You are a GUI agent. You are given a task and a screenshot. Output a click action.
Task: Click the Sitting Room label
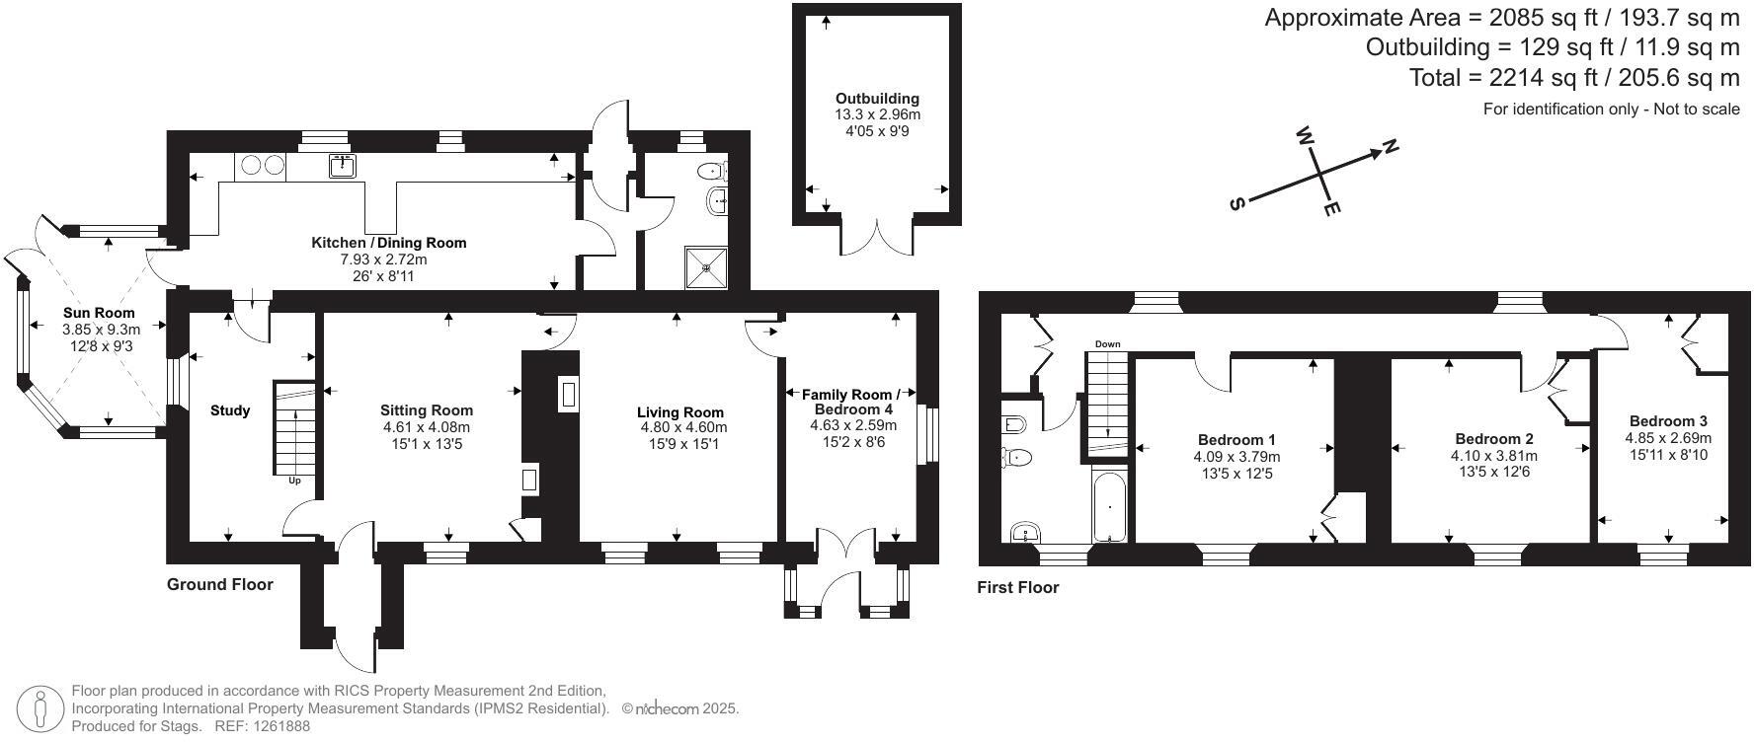[x=427, y=410]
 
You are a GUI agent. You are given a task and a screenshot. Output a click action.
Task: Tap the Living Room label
[x=680, y=412]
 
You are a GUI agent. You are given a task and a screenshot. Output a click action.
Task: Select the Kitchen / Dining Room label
[x=389, y=243]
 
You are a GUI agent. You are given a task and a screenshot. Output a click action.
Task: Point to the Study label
[x=230, y=410]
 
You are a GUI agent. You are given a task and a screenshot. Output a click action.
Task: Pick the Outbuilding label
[x=877, y=99]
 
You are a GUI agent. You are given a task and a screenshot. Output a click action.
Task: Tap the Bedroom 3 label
[x=1668, y=420]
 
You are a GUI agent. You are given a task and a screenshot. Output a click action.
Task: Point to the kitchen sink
[x=343, y=166]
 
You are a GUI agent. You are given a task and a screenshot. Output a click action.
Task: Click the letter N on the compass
[x=1391, y=147]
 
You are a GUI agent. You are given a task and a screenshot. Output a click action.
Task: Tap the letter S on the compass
[x=1236, y=204]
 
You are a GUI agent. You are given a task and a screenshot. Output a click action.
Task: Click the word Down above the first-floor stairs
[x=1107, y=344]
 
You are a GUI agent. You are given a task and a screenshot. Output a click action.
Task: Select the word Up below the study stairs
[x=294, y=482]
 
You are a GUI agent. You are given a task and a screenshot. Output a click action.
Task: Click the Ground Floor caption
[x=219, y=584]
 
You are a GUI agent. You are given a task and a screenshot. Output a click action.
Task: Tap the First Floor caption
[x=1017, y=588]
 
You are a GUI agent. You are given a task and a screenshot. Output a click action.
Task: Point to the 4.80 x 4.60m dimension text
[x=683, y=428]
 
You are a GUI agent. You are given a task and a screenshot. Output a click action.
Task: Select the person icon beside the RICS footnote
[x=40, y=707]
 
